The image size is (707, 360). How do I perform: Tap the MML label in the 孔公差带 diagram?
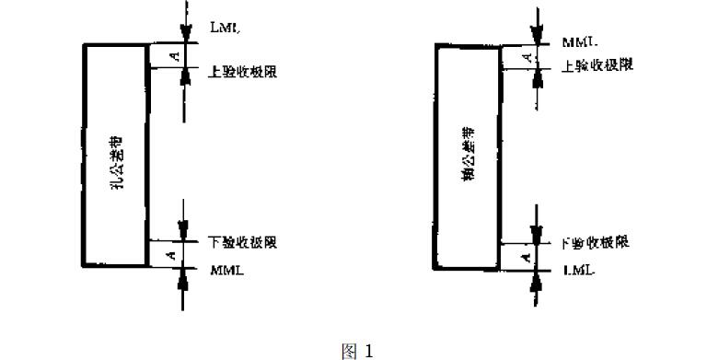click(226, 271)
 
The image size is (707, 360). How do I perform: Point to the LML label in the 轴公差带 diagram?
click(577, 273)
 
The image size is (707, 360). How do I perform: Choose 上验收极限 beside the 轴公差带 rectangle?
click(597, 66)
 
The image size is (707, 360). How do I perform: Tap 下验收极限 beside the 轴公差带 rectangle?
click(596, 244)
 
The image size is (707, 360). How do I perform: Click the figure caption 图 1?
click(353, 350)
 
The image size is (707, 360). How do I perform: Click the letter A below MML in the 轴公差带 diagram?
click(525, 58)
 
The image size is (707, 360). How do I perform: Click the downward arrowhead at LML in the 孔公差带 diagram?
click(186, 35)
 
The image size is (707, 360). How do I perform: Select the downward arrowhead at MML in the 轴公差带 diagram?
click(535, 36)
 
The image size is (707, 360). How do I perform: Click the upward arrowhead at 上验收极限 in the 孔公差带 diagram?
click(186, 75)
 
